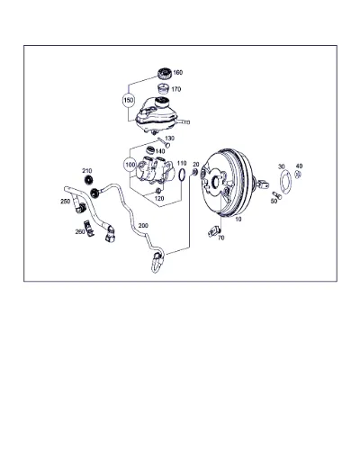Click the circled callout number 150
click(x=129, y=100)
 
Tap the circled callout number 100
click(x=130, y=165)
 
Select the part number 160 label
click(x=177, y=73)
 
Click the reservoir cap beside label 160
click(x=165, y=74)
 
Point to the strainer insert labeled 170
click(x=163, y=89)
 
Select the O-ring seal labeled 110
click(x=182, y=175)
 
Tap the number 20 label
click(x=196, y=164)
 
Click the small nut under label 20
click(x=194, y=173)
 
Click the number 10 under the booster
click(x=238, y=220)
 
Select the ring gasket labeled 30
click(x=285, y=183)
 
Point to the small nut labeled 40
click(x=298, y=174)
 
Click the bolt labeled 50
click(x=277, y=195)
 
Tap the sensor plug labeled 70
click(x=214, y=231)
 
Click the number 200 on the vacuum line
click(x=143, y=225)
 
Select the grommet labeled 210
click(x=88, y=180)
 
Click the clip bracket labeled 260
click(x=89, y=228)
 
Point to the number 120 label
click(x=159, y=198)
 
